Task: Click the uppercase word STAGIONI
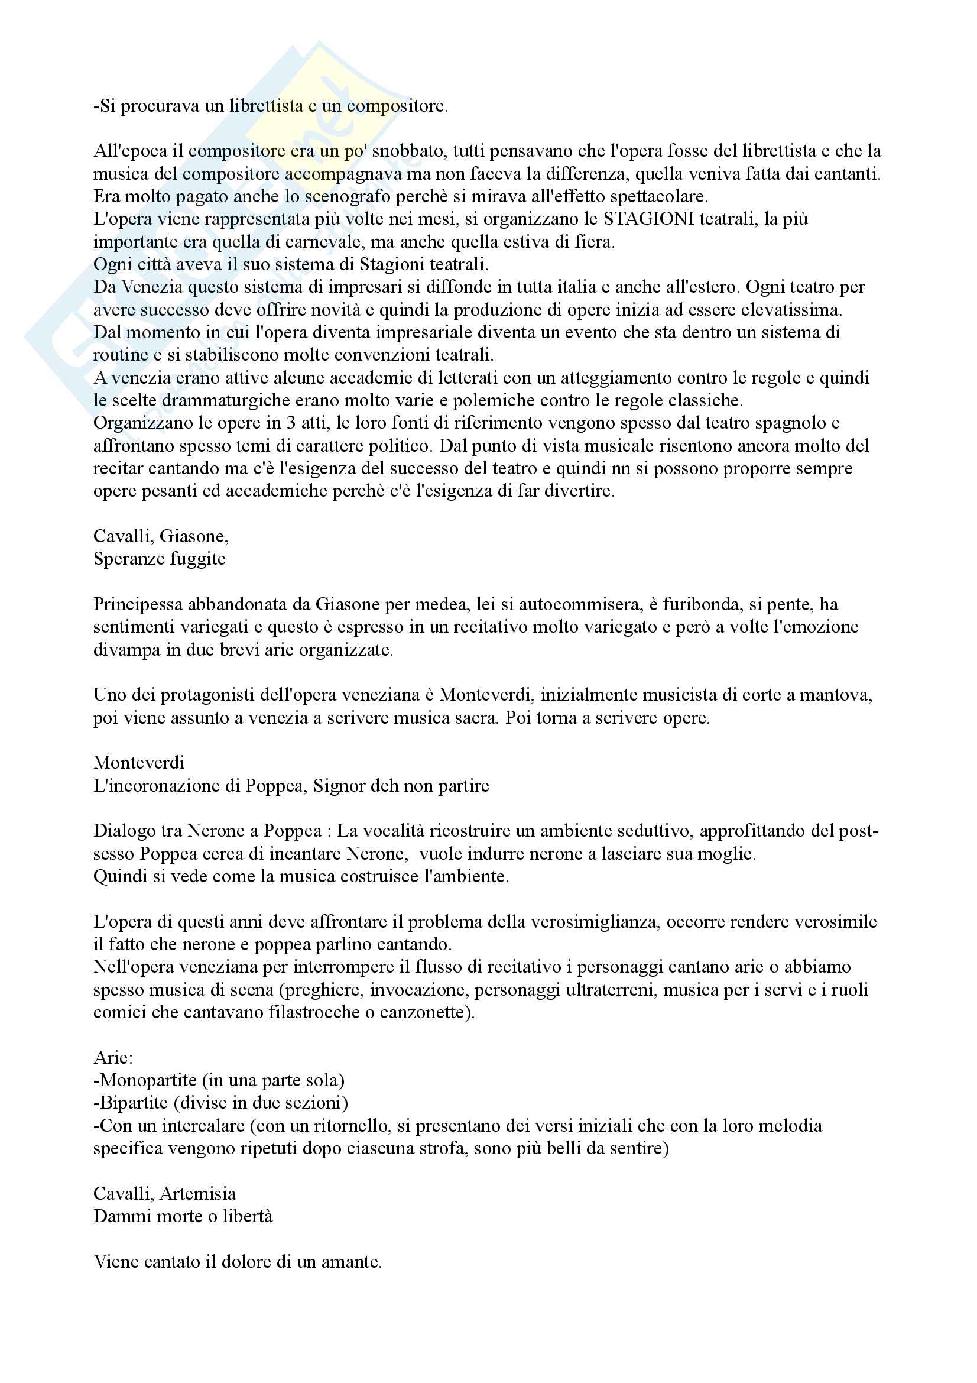tap(648, 219)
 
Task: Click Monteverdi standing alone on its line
tap(139, 763)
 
